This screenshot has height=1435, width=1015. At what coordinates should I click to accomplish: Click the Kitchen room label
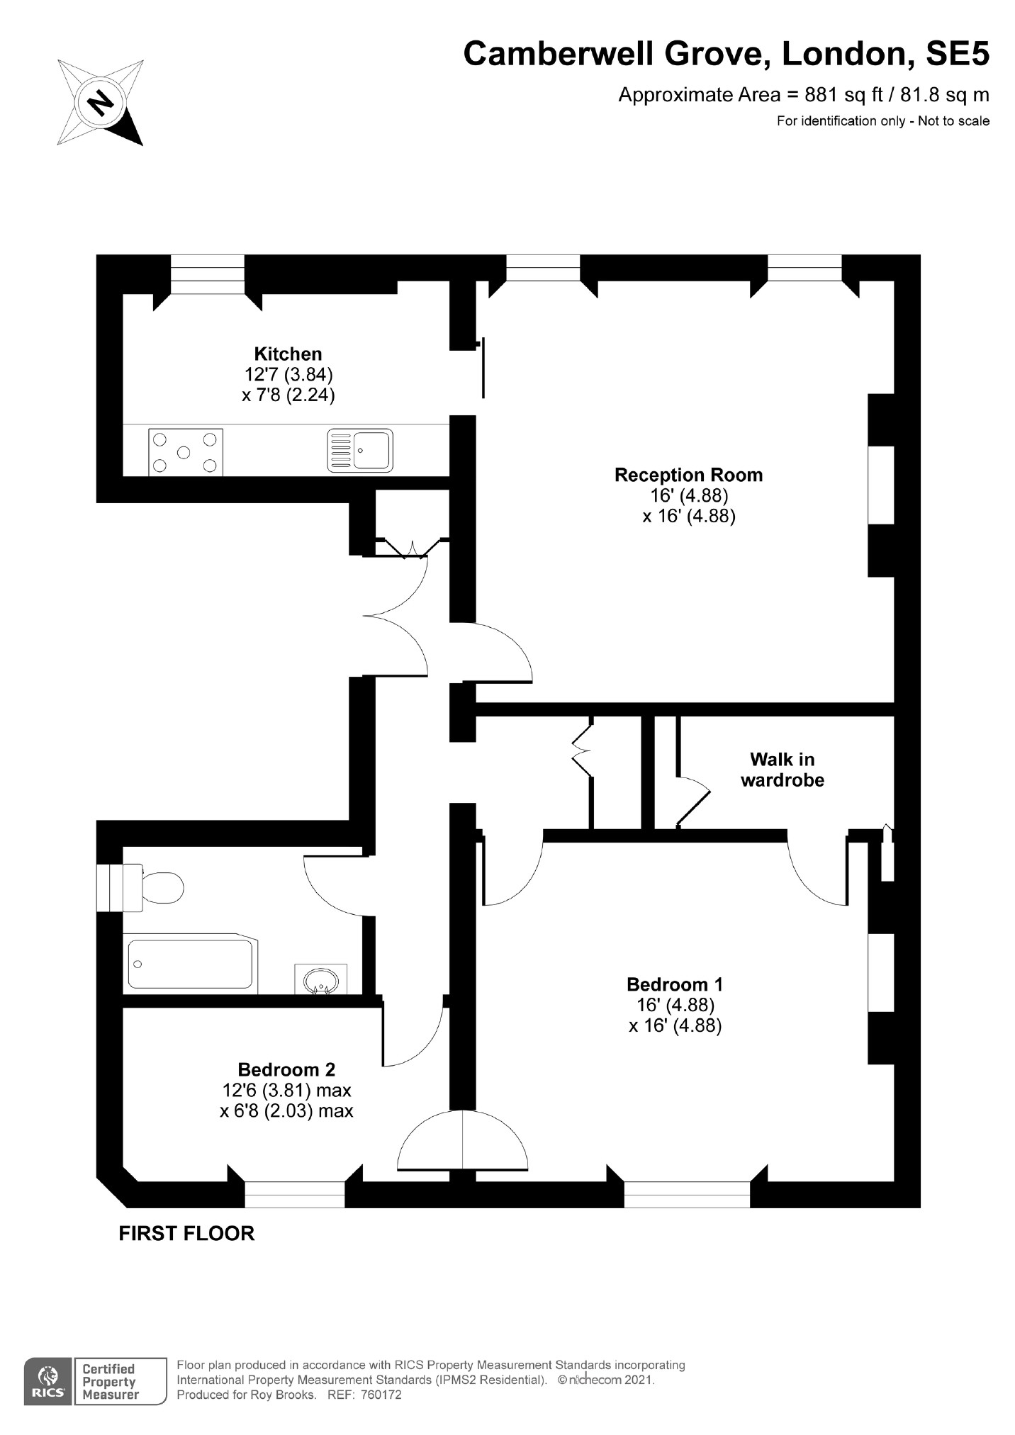coord(288,354)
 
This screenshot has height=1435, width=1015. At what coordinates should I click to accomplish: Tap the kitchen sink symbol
coord(359,450)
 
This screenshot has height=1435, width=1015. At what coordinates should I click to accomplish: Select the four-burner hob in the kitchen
coord(185,452)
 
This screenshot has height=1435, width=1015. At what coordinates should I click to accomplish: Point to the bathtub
coord(190,963)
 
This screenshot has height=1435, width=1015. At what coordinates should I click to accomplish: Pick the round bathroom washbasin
coord(320,981)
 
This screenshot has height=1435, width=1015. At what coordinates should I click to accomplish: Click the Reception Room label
coord(688,475)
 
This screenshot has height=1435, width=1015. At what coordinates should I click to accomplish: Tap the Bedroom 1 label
coord(675,984)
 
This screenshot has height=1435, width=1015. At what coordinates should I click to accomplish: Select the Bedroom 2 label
coord(286,1069)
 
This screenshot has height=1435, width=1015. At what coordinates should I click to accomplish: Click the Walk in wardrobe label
coord(782,770)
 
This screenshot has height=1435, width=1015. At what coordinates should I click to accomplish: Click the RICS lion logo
coord(47,1381)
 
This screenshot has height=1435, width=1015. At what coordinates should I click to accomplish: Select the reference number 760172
coord(381,1395)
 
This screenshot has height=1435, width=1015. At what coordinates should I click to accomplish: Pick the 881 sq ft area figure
coord(834,95)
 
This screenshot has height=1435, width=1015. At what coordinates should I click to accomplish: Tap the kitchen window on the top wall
coord(208,274)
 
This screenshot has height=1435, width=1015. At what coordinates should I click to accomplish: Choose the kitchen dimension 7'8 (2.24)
coord(288,395)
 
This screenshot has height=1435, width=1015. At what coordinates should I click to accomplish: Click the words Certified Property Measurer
coord(110,1382)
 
